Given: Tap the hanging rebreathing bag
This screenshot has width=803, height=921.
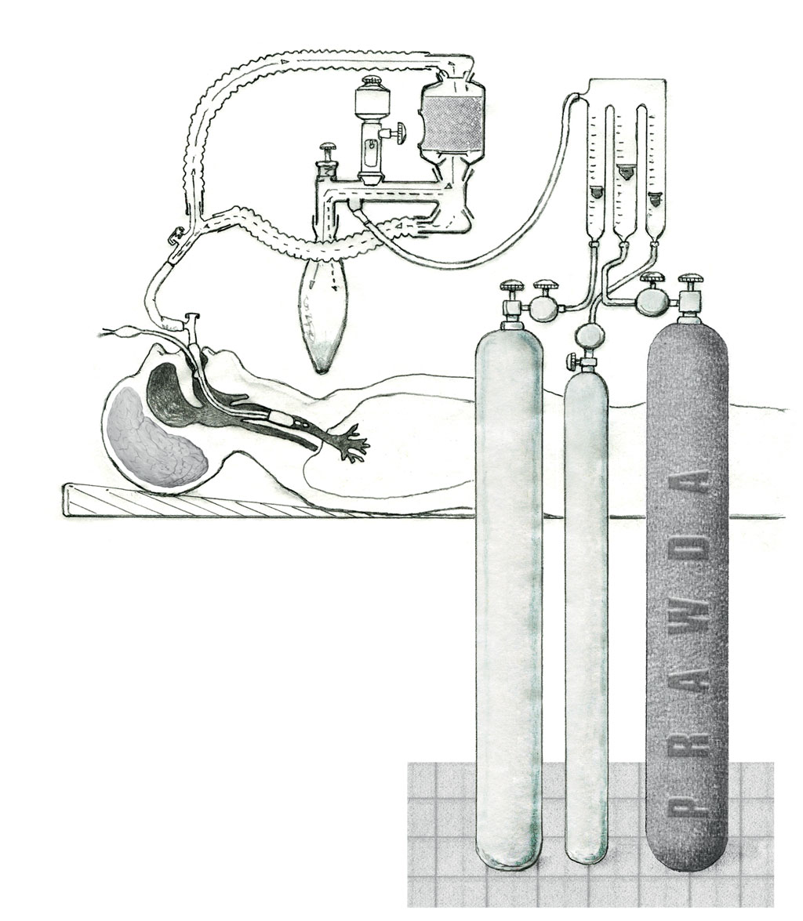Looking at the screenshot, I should coord(322,317).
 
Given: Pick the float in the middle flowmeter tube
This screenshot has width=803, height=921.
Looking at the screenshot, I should coord(625,169).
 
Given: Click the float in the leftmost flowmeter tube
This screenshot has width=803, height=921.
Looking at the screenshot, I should coord(596,190).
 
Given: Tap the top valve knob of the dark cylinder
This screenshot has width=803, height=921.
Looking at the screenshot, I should coord(691,280).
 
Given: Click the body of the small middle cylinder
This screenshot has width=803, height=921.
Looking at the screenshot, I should coord(587,611).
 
